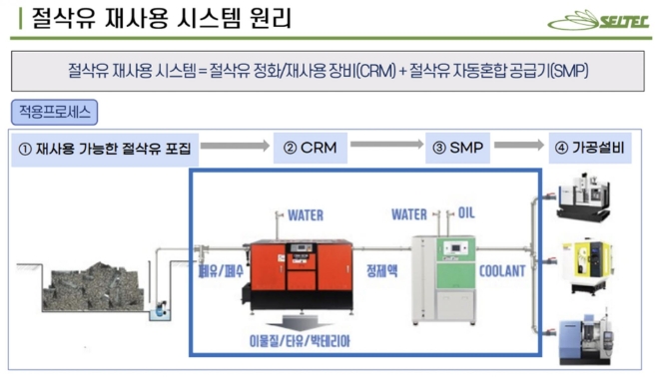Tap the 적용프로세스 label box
click(x=55, y=111)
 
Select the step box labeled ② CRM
click(x=309, y=150)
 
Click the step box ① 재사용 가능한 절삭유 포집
click(x=105, y=150)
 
